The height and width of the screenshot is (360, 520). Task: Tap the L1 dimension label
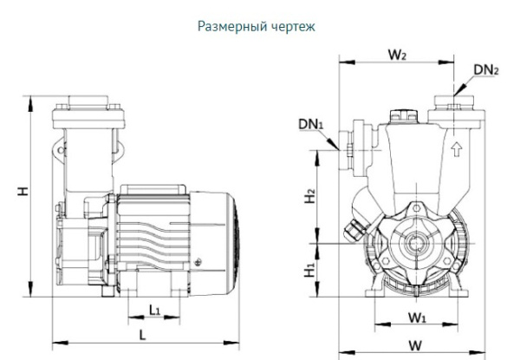[x=154, y=310]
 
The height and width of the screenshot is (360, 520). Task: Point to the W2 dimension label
[x=398, y=56]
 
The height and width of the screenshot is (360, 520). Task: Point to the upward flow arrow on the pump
[x=455, y=148]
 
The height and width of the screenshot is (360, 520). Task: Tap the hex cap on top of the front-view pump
[x=403, y=113]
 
